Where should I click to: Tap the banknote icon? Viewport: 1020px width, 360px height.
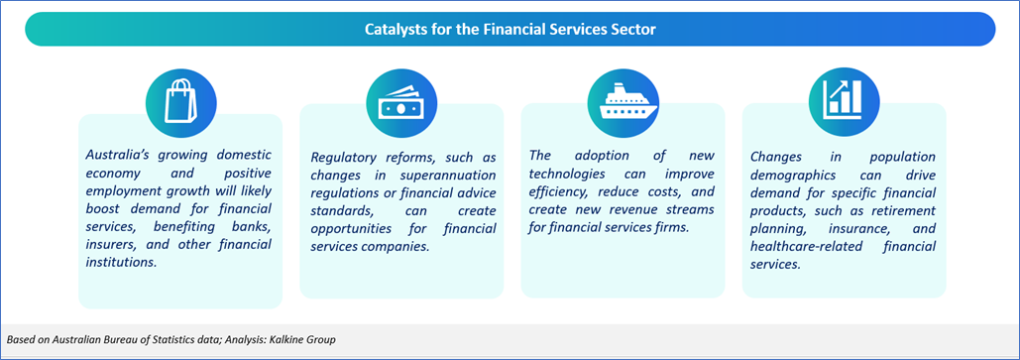coord(401,102)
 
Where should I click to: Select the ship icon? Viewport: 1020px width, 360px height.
coord(623,102)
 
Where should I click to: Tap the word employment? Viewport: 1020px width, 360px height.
coord(120,191)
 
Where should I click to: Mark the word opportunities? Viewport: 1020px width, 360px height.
coord(351,230)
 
